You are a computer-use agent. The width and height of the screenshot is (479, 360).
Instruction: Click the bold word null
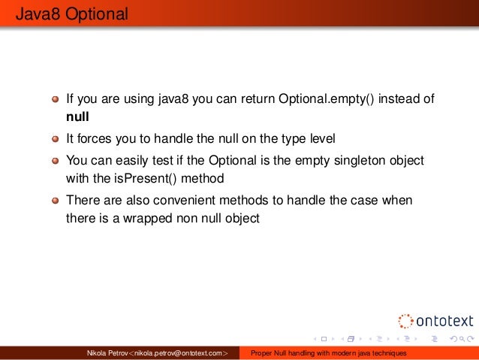tap(78, 117)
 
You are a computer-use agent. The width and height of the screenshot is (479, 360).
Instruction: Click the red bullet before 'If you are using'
tap(56, 100)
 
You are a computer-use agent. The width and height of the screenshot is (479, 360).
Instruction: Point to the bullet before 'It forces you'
tap(56, 139)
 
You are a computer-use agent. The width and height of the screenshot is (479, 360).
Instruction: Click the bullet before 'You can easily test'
tap(56, 162)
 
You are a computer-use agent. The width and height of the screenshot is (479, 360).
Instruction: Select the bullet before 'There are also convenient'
tap(56, 201)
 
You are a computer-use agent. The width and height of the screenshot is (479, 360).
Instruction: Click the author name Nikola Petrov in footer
tap(108, 352)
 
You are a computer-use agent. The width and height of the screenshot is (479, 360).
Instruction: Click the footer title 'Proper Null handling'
tap(328, 352)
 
